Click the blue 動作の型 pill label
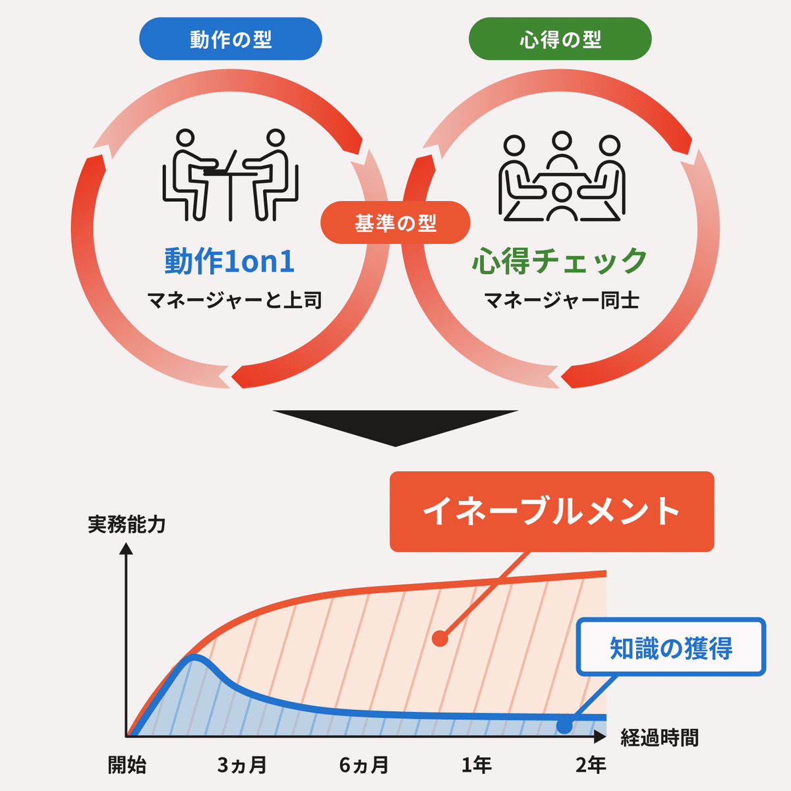click(x=230, y=39)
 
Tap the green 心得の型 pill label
click(x=560, y=39)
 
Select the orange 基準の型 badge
click(x=395, y=223)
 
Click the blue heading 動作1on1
click(x=229, y=261)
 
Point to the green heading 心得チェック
click(x=560, y=261)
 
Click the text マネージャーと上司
click(x=234, y=301)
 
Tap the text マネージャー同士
click(x=561, y=301)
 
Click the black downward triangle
click(x=395, y=425)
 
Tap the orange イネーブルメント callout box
click(x=552, y=512)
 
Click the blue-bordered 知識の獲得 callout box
click(x=671, y=647)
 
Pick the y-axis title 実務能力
click(x=127, y=525)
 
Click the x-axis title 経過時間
click(x=659, y=738)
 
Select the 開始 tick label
click(x=127, y=765)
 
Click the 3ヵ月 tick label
click(x=242, y=765)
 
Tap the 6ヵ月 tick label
click(x=364, y=765)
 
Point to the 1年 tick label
click(x=476, y=765)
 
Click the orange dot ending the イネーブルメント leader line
click(x=440, y=638)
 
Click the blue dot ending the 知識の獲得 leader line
click(x=564, y=726)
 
